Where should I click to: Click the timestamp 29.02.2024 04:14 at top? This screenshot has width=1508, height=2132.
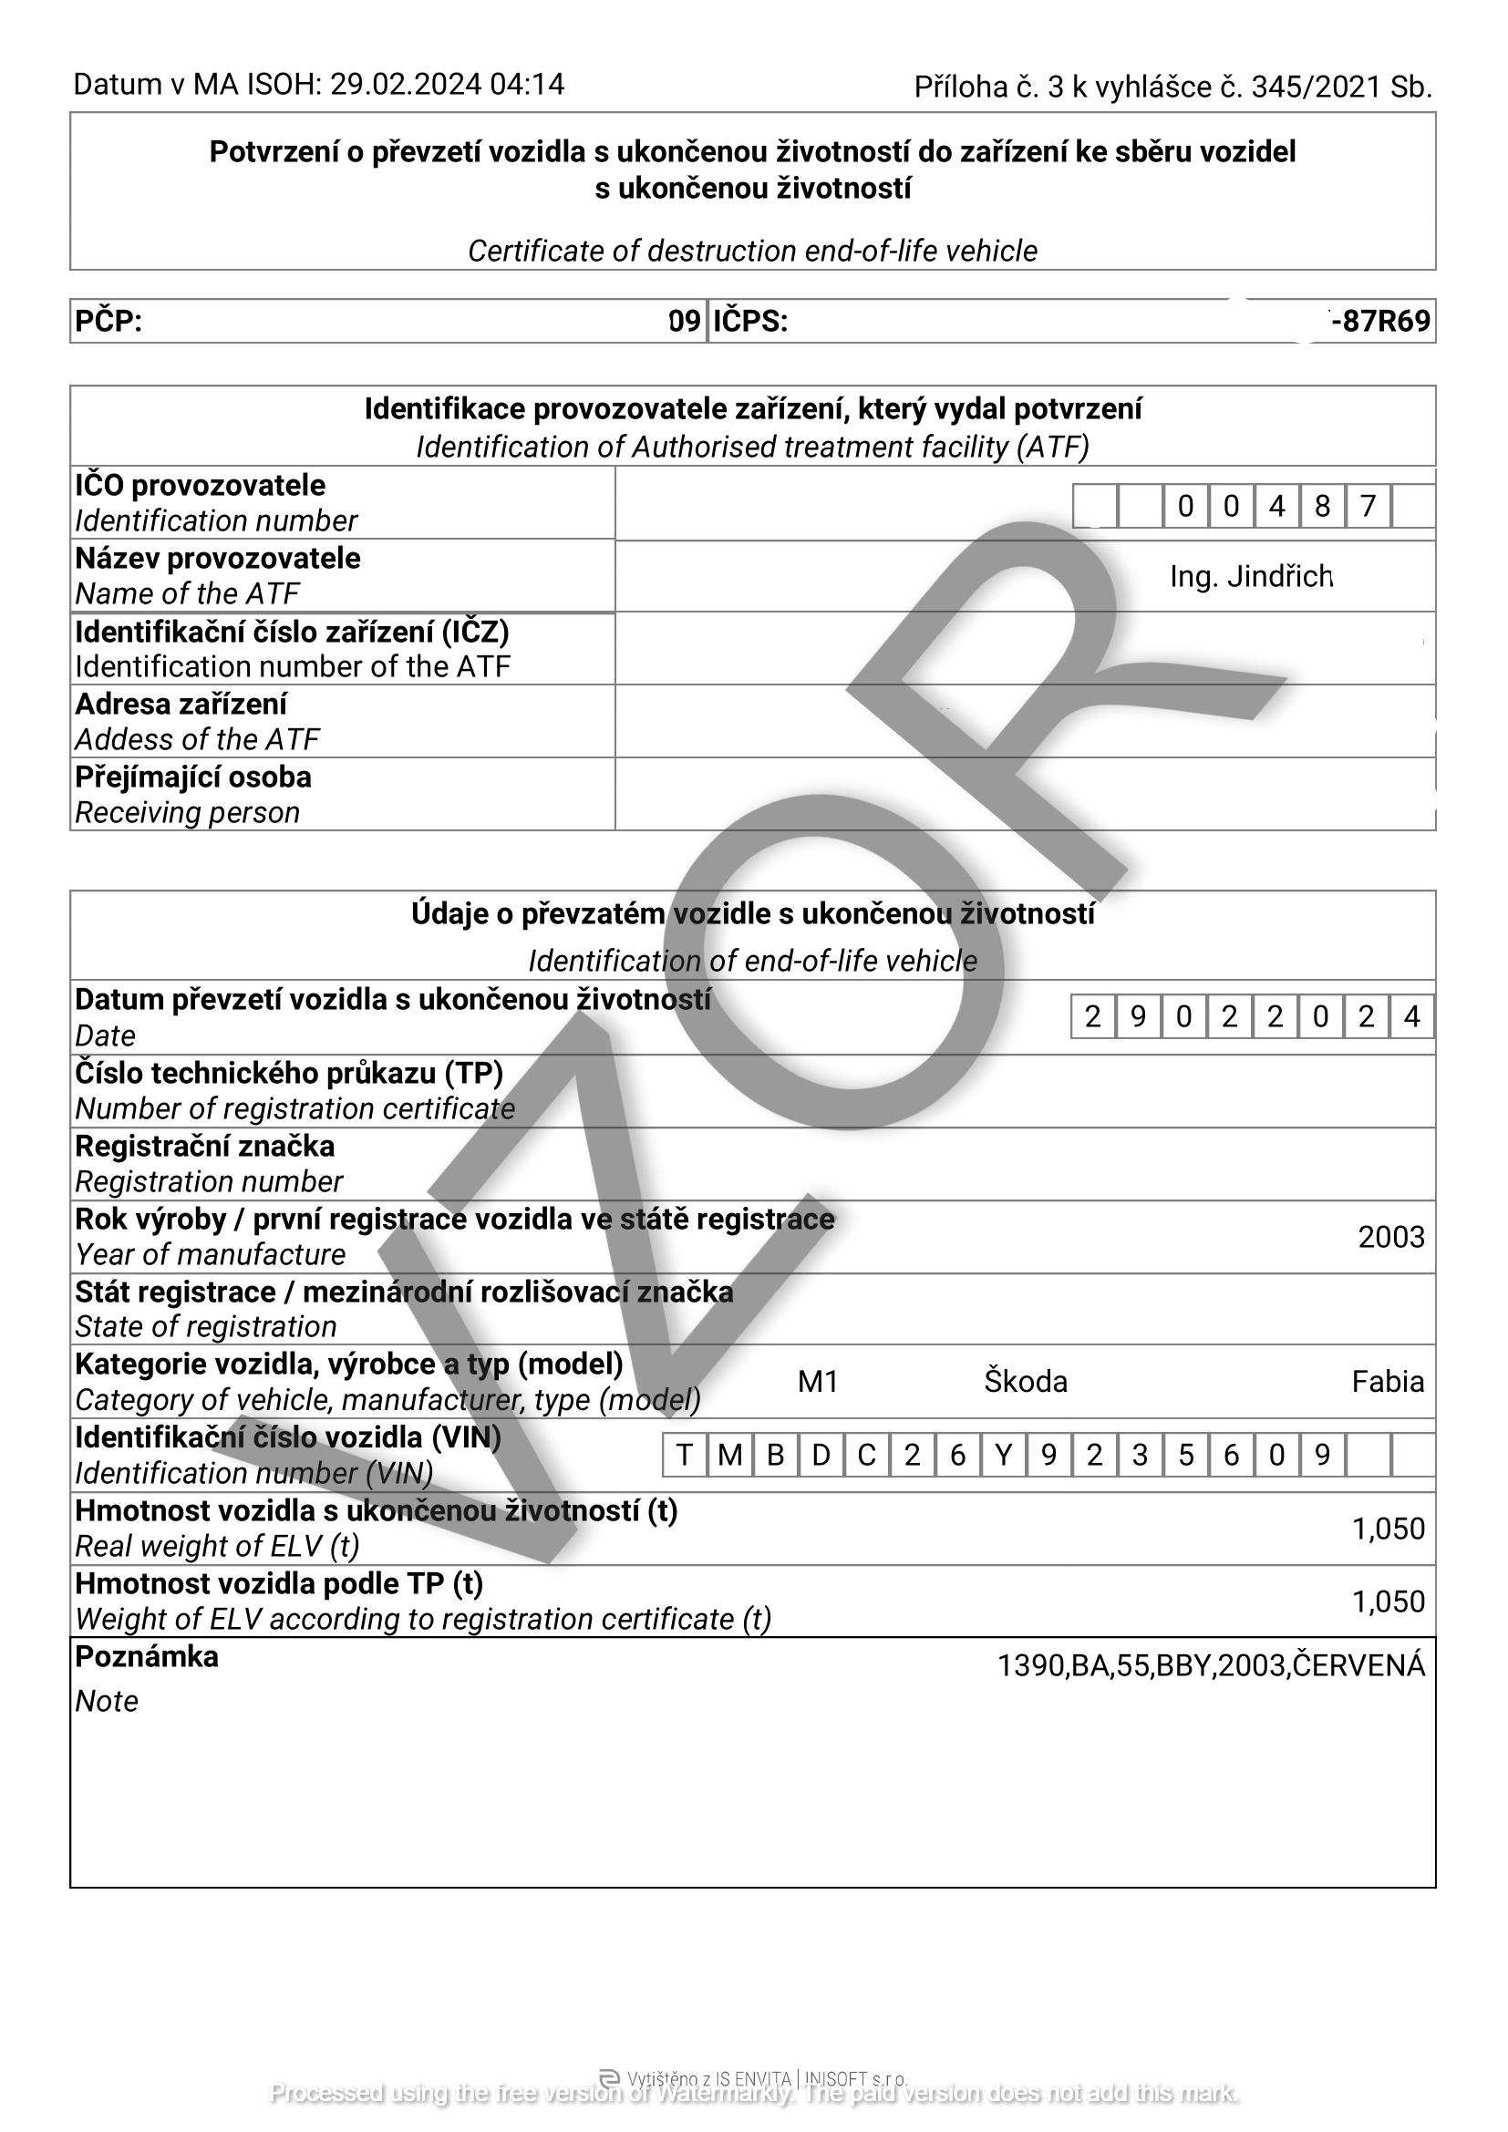click(447, 85)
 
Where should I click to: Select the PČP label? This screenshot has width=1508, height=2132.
click(108, 321)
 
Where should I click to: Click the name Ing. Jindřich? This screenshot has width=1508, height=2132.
click(1251, 577)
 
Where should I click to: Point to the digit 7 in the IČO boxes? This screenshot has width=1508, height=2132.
click(1367, 506)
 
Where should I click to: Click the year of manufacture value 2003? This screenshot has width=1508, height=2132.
click(1390, 1237)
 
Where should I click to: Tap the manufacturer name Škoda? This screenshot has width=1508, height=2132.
click(1025, 1382)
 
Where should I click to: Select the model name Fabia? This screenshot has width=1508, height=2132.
click(1388, 1382)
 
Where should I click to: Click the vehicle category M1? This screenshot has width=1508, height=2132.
click(818, 1382)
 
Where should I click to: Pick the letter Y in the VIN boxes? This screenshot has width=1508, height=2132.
click(1003, 1455)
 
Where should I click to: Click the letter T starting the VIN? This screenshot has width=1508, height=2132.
click(685, 1455)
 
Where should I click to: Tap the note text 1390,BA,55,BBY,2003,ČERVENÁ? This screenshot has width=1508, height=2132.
click(1210, 1666)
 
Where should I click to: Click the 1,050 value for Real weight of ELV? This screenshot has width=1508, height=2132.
click(1388, 1529)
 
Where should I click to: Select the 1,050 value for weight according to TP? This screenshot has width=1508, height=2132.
click(1388, 1602)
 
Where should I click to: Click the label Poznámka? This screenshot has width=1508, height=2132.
click(147, 1656)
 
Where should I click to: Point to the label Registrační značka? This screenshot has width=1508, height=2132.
click(204, 1146)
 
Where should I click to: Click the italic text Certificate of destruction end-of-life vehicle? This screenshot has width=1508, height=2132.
click(752, 251)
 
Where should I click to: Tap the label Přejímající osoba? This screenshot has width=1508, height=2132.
click(193, 777)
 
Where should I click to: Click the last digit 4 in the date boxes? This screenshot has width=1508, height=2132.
click(1411, 1017)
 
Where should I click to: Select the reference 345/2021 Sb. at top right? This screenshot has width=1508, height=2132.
click(1341, 87)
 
